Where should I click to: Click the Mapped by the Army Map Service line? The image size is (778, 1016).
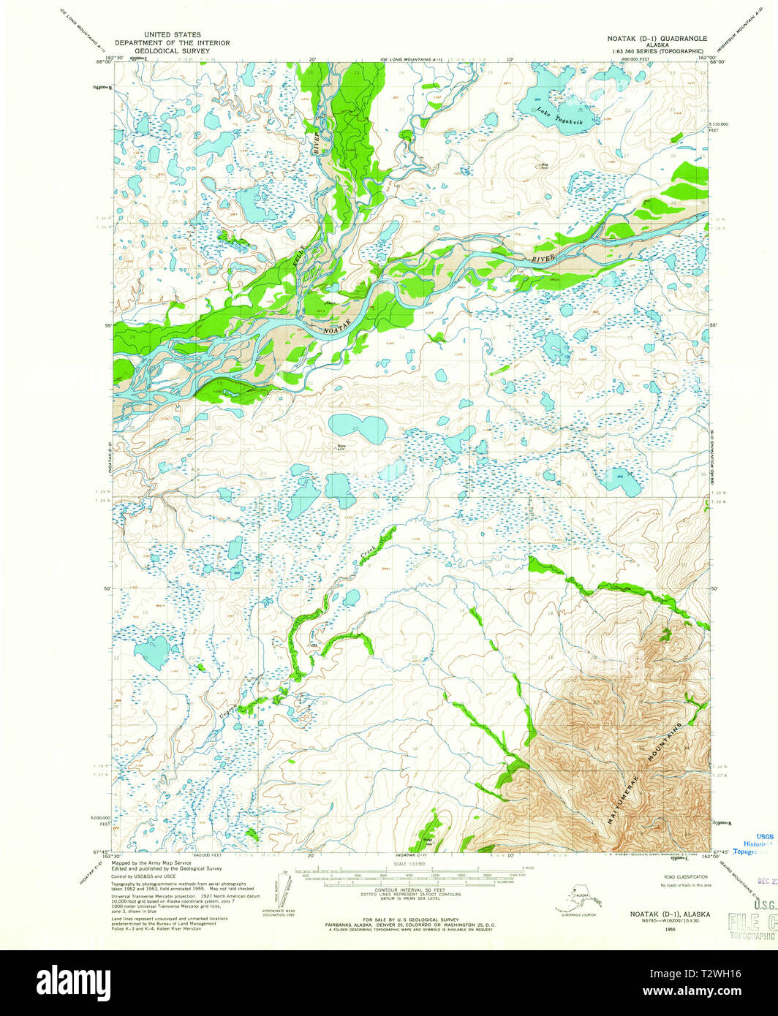[x=146, y=863]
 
